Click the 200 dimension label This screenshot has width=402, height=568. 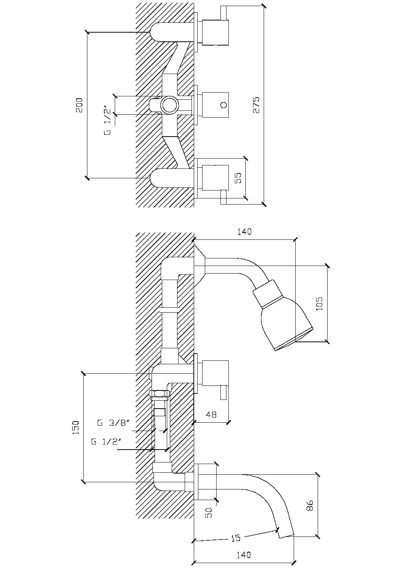79,105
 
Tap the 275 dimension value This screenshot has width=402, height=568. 256,105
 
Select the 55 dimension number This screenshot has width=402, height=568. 238,178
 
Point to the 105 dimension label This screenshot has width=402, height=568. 319,304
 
